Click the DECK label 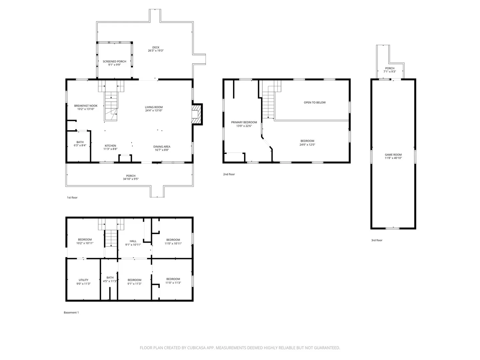pos(156,47)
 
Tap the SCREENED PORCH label pos(114,61)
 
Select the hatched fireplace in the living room pos(196,114)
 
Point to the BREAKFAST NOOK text pos(86,106)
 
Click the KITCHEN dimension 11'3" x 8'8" pos(110,149)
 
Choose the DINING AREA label pos(162,146)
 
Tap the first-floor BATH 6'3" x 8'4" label pos(80,144)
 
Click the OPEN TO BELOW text pos(314,102)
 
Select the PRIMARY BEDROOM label pos(244,122)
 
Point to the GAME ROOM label pos(393,155)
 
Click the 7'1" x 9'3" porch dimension pos(389,71)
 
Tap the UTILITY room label pos(83,280)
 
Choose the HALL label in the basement pos(133,241)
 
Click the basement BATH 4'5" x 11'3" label pos(110,279)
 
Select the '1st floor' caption pos(72,197)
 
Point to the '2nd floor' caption pos(229,174)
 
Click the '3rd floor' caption pos(377,240)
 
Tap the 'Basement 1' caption pos(71,312)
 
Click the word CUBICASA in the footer pos(196,348)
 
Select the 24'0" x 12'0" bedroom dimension pos(307,144)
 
